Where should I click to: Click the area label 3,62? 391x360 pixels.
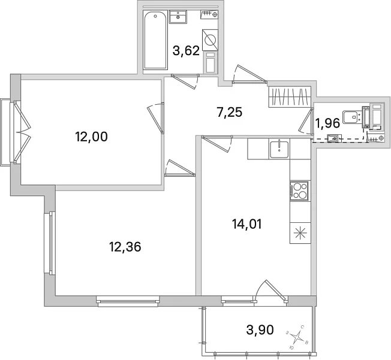pyautogui.click(x=187, y=51)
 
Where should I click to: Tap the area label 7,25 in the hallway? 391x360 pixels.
pyautogui.click(x=230, y=112)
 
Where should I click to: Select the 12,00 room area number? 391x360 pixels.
pyautogui.click(x=91, y=137)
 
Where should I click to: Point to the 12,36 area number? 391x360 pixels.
pyautogui.click(x=125, y=247)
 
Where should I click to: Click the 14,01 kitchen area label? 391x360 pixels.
pyautogui.click(x=247, y=224)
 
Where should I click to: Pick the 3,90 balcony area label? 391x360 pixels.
pyautogui.click(x=260, y=330)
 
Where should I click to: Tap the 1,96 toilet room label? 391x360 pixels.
pyautogui.click(x=327, y=123)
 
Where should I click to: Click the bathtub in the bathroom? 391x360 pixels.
pyautogui.click(x=155, y=40)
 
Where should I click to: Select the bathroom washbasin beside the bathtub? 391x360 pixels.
pyautogui.click(x=178, y=17)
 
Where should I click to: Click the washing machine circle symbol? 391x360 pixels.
pyautogui.click(x=210, y=40)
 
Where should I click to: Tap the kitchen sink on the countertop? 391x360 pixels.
pyautogui.click(x=279, y=149)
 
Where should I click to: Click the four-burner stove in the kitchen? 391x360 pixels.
pyautogui.click(x=299, y=190)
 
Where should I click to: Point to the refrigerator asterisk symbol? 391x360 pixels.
pyautogui.click(x=300, y=233)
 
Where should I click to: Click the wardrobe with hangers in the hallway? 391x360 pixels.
pyautogui.click(x=290, y=97)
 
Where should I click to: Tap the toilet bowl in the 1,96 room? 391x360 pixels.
pyautogui.click(x=351, y=117)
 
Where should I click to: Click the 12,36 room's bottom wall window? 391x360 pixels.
pyautogui.click(x=128, y=301)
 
